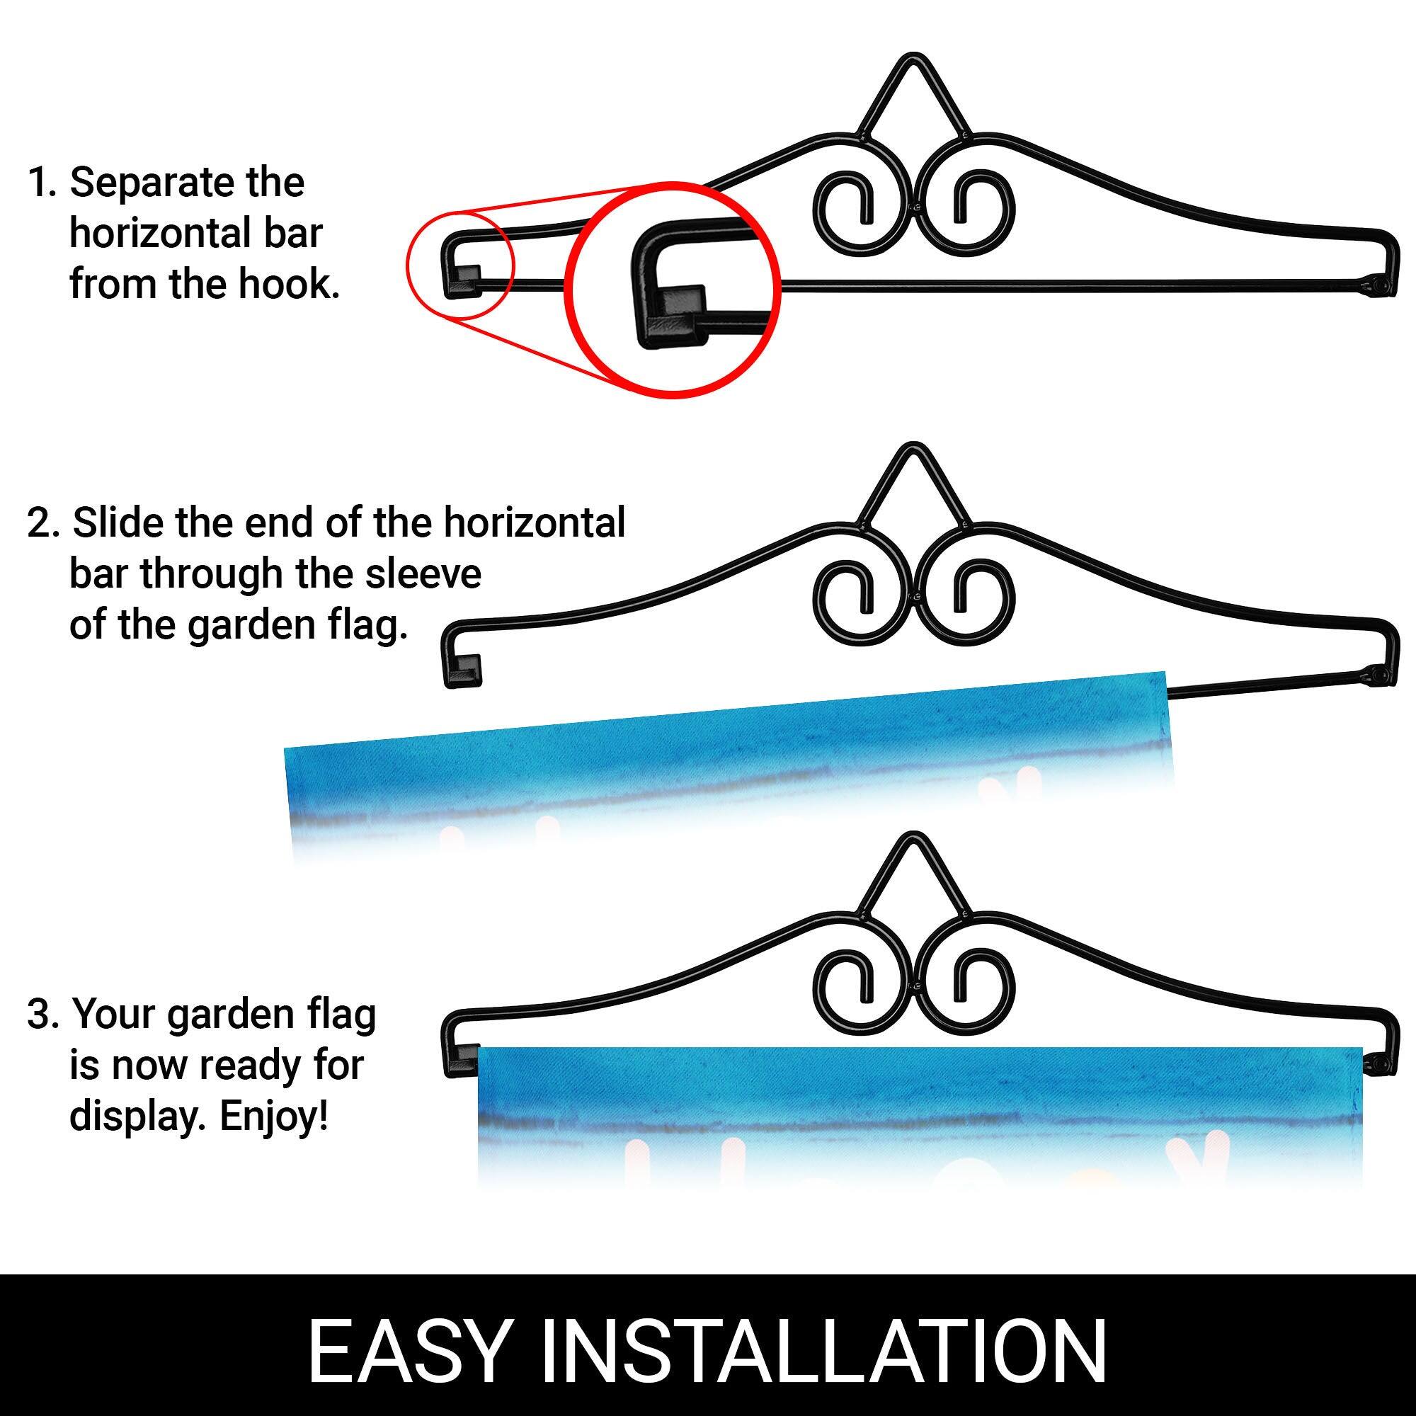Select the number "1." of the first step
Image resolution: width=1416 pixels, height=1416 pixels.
(x=43, y=183)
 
